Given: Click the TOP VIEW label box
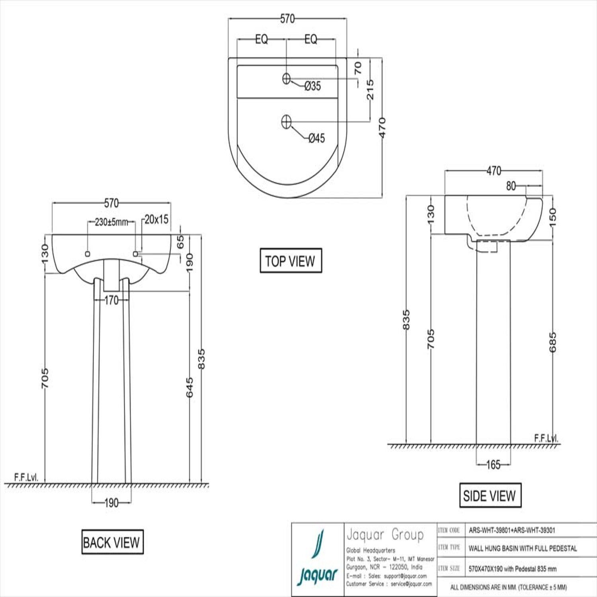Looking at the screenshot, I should [291, 261].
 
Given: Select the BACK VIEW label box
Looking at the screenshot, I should [112, 542].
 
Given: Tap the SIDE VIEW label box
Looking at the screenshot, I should [490, 496].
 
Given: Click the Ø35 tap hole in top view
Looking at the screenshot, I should [286, 78].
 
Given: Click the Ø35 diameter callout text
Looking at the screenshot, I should [312, 86].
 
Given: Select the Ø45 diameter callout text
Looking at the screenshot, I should [317, 138].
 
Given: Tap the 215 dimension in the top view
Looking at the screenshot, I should [370, 89].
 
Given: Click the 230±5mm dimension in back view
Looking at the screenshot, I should [111, 222].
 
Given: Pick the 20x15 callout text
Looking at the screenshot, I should [156, 219].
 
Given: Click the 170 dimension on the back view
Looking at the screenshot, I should [112, 300].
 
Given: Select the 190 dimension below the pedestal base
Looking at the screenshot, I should [111, 503].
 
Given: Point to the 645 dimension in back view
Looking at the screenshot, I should [189, 387].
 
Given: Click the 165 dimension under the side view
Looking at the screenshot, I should [493, 464].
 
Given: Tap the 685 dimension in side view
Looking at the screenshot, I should [552, 342].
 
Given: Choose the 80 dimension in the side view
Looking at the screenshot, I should [511, 186].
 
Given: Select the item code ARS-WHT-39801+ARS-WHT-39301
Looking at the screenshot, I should [512, 530].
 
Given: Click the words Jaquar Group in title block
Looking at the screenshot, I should [385, 535].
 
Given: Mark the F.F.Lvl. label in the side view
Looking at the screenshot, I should [546, 438].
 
